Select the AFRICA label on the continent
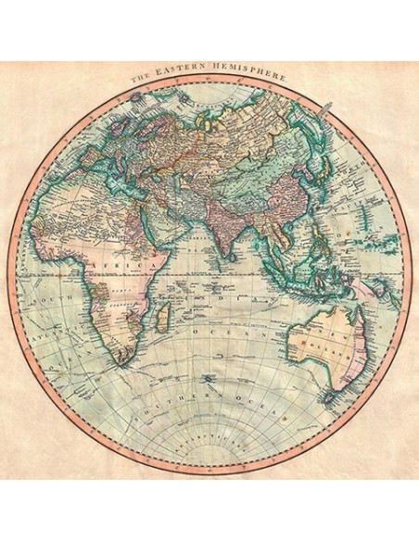[130, 266]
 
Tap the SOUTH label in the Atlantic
[48, 300]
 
